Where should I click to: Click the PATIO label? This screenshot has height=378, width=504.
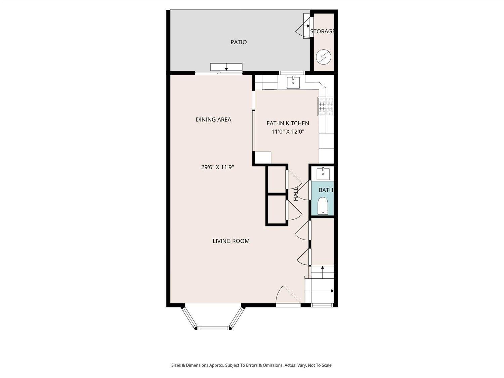[239, 42]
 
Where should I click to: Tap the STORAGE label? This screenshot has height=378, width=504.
[323, 31]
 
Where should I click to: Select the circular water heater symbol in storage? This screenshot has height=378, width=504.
[324, 57]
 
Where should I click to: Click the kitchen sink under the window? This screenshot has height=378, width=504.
[293, 82]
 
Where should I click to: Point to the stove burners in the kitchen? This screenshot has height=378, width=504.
[325, 106]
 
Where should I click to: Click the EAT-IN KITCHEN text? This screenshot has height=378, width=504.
[288, 123]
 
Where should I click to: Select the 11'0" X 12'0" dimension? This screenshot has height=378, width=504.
[288, 132]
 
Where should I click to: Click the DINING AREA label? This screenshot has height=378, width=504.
[213, 119]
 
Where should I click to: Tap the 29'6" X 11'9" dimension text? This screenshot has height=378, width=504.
[217, 167]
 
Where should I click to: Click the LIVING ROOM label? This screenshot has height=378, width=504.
[231, 241]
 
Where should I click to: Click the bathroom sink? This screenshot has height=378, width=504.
[323, 173]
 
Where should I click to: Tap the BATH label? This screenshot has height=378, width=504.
[326, 190]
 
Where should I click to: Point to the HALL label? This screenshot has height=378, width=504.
[296, 194]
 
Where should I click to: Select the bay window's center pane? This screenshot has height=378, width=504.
[213, 328]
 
